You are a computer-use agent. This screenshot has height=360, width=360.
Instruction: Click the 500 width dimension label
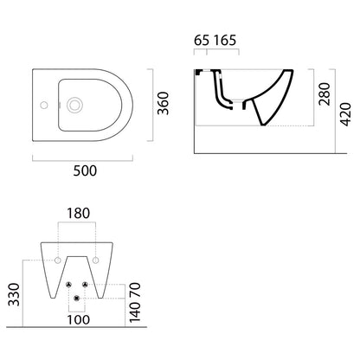(85, 170)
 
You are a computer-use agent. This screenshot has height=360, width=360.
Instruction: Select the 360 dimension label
(163, 103)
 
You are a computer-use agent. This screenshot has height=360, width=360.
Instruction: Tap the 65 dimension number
(202, 41)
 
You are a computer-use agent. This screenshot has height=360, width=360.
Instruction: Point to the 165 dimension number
(225, 41)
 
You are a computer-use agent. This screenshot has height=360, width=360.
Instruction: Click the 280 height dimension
(325, 94)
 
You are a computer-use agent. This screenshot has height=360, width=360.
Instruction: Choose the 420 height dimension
(345, 114)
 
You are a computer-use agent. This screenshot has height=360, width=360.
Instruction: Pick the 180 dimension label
(79, 214)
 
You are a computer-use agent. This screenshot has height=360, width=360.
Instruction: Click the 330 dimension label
(14, 294)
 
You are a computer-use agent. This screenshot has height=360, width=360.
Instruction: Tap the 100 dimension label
(79, 319)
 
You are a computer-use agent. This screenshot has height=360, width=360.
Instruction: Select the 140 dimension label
(135, 312)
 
